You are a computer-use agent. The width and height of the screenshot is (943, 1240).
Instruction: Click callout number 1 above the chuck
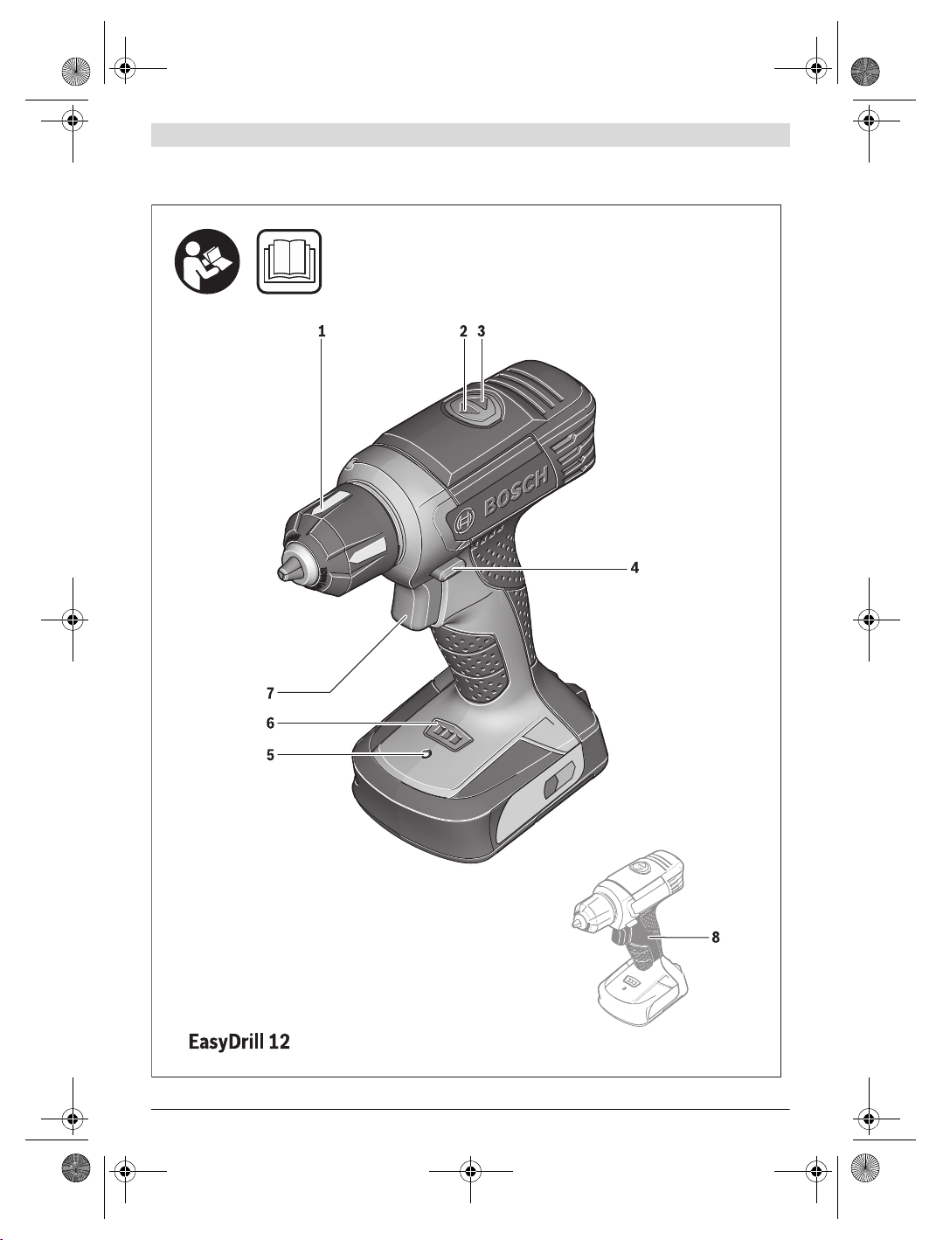322,331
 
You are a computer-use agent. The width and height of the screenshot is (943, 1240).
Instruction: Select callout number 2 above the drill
463,331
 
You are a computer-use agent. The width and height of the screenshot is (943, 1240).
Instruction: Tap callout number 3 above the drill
481,331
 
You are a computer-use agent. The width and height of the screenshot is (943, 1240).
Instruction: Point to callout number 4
635,568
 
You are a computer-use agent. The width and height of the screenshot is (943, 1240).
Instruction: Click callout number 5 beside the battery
271,755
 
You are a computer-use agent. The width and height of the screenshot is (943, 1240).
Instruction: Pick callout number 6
271,723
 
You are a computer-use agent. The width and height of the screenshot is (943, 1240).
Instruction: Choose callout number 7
271,693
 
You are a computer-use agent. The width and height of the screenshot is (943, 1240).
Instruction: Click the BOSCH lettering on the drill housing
516,491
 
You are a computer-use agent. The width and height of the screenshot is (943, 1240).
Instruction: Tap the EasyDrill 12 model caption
239,1041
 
